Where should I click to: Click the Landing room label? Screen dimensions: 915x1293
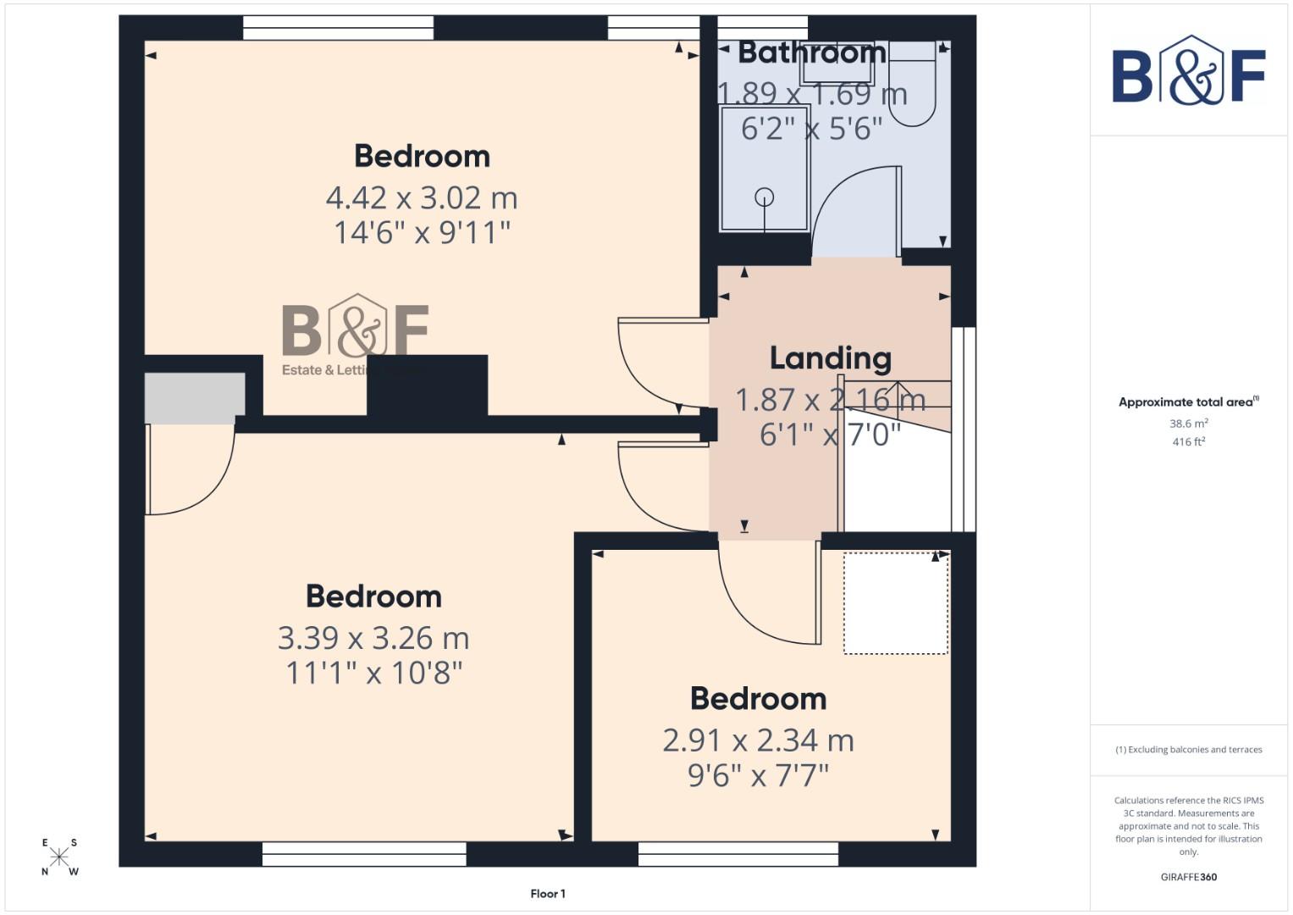[830, 358]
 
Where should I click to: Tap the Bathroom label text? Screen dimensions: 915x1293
[812, 53]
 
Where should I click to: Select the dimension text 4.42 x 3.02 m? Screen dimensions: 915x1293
[422, 198]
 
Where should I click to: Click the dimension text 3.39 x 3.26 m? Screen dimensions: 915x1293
[373, 638]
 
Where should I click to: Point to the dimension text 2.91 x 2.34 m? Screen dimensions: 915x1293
[758, 740]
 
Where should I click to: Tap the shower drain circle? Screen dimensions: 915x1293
[765, 197]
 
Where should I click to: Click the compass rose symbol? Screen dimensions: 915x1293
[59, 857]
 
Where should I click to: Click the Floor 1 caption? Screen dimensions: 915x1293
[548, 894]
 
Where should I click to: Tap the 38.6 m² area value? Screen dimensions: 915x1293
[1189, 424]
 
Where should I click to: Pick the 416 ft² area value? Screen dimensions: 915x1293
[1189, 442]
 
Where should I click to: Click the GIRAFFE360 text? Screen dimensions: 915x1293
[1189, 877]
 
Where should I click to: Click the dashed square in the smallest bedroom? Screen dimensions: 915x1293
[896, 603]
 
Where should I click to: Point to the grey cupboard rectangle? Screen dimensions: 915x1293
[194, 397]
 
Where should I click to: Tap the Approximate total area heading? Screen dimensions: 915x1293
[1188, 402]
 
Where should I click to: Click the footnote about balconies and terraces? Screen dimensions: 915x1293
[1189, 750]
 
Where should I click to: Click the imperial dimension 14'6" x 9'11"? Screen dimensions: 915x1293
[422, 233]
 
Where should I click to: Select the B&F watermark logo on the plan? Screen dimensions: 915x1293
[356, 332]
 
